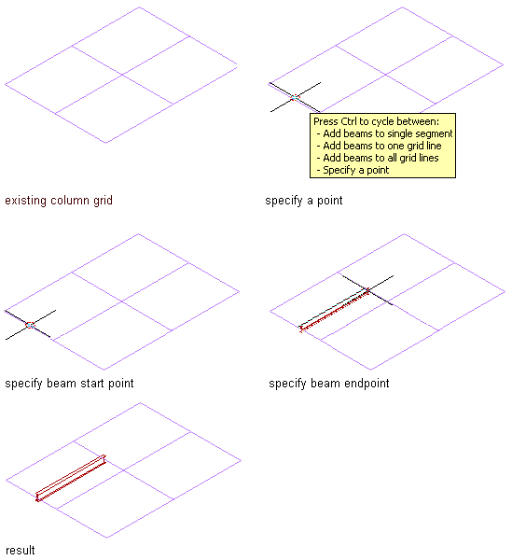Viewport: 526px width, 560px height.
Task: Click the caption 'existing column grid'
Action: tap(59, 201)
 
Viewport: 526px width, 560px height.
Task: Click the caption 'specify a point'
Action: tap(304, 201)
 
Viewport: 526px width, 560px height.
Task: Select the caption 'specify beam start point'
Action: tap(69, 384)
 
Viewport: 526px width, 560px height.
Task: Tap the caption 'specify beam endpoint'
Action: tap(329, 384)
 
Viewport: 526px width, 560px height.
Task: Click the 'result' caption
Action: tap(20, 550)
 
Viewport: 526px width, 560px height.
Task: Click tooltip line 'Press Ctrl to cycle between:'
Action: tap(377, 121)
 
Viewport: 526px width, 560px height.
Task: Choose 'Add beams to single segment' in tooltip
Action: tap(388, 133)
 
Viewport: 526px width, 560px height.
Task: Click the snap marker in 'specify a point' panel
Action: tap(295, 97)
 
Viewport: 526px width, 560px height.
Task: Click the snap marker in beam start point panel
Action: tap(31, 325)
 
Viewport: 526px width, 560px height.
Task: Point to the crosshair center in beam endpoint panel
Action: tap(367, 290)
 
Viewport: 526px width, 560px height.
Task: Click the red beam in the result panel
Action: tap(71, 478)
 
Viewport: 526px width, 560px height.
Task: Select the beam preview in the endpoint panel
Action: tap(335, 310)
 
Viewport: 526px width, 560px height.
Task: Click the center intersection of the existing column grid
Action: tap(122, 75)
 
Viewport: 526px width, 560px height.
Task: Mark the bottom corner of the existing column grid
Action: tap(105, 143)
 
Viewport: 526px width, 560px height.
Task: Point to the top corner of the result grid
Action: tap(140, 403)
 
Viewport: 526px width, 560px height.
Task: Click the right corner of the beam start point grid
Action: tap(239, 291)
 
